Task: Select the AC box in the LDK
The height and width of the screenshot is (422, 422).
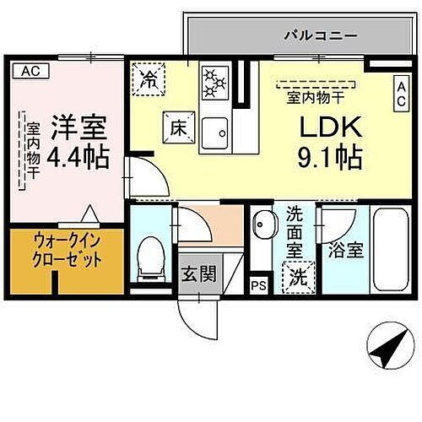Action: click(x=403, y=92)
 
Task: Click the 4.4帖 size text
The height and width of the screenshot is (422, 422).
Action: click(x=75, y=156)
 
